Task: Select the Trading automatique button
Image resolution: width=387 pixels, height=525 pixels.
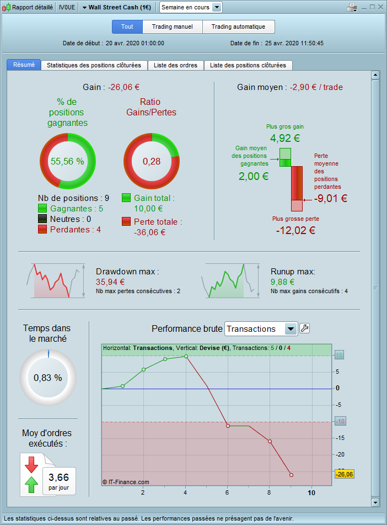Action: pyautogui.click(x=238, y=26)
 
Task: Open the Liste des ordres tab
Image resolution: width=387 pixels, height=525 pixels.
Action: pyautogui.click(x=175, y=65)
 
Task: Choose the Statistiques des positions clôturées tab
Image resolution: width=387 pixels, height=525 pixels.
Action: pyautogui.click(x=94, y=65)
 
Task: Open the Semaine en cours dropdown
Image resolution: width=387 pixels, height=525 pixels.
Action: pyautogui.click(x=191, y=7)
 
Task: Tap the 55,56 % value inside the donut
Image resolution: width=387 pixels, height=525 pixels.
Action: pyautogui.click(x=67, y=161)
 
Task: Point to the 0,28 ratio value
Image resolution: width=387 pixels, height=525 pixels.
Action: pyautogui.click(x=151, y=161)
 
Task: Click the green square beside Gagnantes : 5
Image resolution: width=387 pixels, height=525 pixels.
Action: pyautogui.click(x=42, y=209)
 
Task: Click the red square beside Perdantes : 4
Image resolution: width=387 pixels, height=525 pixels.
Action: pyautogui.click(x=42, y=230)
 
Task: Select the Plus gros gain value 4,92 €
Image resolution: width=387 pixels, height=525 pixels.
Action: pyautogui.click(x=284, y=139)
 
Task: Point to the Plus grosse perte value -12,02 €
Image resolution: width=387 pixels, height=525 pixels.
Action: pyautogui.click(x=295, y=230)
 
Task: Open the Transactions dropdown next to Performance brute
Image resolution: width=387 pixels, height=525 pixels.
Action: pyautogui.click(x=291, y=329)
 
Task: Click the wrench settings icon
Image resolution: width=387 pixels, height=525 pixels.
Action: pyautogui.click(x=304, y=328)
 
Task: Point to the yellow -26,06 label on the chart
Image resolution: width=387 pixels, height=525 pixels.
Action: pyautogui.click(x=345, y=474)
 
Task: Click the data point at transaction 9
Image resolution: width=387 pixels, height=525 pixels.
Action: pyautogui.click(x=291, y=475)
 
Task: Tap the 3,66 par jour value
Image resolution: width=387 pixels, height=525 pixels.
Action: pyautogui.click(x=58, y=478)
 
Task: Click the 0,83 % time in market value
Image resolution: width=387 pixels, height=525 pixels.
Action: pyautogui.click(x=48, y=378)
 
